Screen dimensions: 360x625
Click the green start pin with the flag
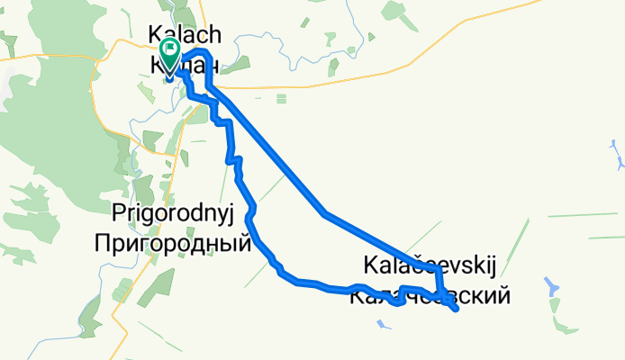coord(169,50)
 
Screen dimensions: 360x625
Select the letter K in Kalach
coord(154,33)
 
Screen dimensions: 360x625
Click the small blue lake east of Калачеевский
coord(550,287)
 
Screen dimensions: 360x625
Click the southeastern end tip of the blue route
coord(457,310)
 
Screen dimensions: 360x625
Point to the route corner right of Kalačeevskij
coord(439,269)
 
